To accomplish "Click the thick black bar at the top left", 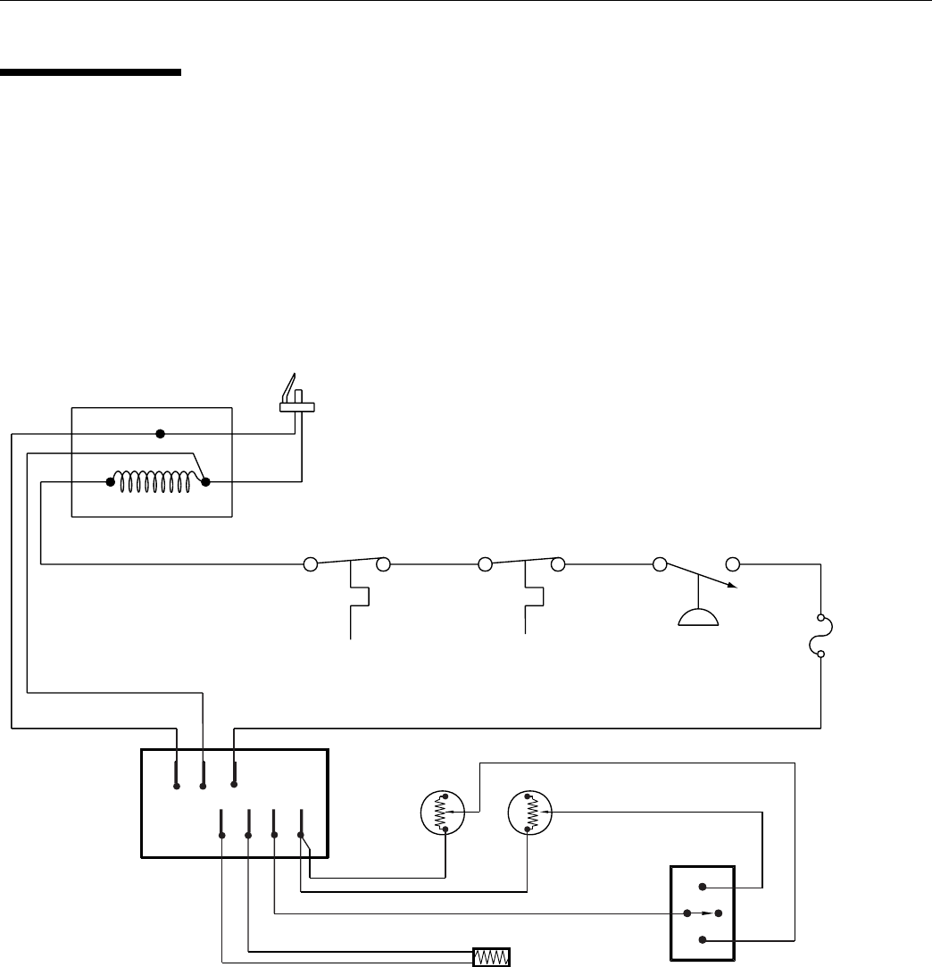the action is (x=90, y=73).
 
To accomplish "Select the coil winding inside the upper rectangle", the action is (x=157, y=483).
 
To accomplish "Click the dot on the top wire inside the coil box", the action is (x=161, y=434).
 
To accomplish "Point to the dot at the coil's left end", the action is (x=111, y=483).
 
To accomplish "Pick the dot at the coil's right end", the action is (x=205, y=483).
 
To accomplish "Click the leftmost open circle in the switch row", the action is (x=311, y=564).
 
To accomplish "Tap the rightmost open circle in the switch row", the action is (x=733, y=564).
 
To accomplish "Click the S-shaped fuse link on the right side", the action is (x=820, y=636).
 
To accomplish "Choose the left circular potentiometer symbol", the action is (x=442, y=813).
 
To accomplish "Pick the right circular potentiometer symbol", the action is (x=529, y=813).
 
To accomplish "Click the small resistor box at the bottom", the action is (x=491, y=957).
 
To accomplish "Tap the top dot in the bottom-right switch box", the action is (x=703, y=888).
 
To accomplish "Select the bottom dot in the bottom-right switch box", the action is (x=703, y=939).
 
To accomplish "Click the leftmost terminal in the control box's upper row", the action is (x=177, y=787).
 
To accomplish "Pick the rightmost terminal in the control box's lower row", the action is (x=301, y=835).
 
